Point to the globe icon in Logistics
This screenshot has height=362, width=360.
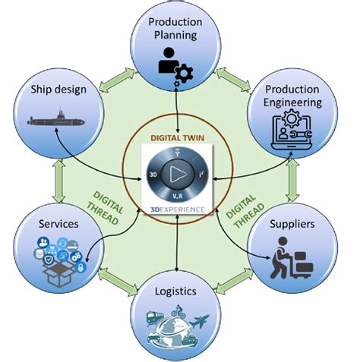pyautogui.click(x=175, y=320)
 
